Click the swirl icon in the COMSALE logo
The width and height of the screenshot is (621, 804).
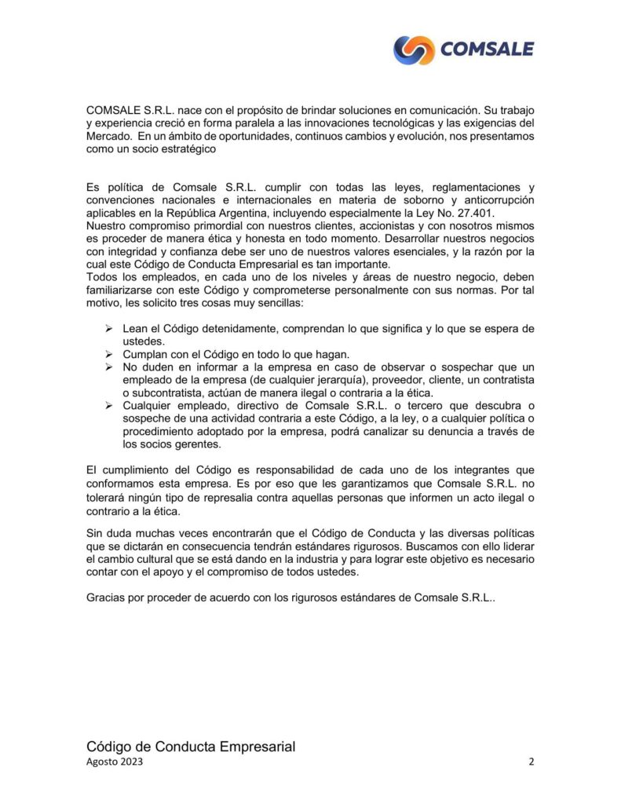[414, 50]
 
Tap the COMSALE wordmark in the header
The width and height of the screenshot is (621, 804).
[487, 50]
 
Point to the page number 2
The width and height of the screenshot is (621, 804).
[532, 762]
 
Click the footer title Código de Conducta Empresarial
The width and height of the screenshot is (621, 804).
[191, 746]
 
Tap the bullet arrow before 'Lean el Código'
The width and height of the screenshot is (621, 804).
[109, 327]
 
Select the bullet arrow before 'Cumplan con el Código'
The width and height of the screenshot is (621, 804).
[109, 354]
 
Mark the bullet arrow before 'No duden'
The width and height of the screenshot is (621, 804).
[109, 367]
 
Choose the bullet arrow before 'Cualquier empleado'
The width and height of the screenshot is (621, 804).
[109, 405]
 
